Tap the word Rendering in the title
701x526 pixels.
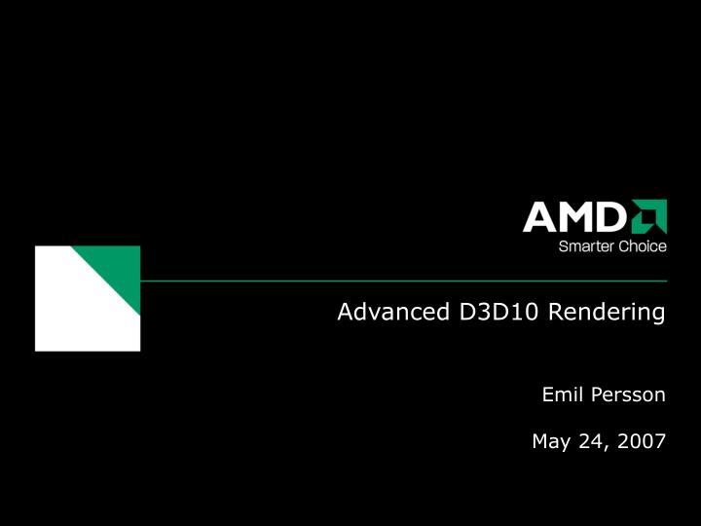point(607,314)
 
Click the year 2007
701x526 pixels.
point(642,441)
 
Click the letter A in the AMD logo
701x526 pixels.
point(540,217)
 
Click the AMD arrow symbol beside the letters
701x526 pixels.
point(649,216)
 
